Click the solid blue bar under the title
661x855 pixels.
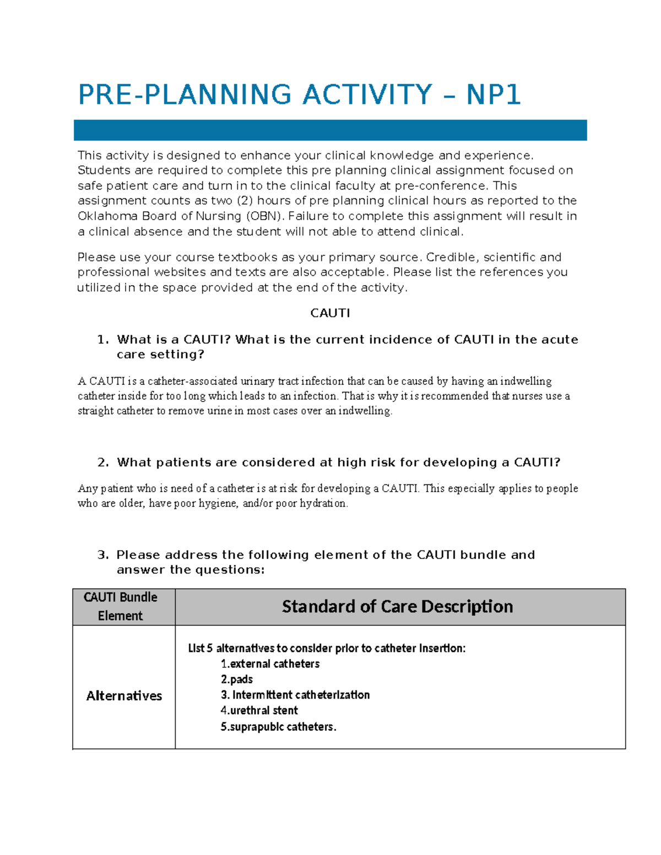pyautogui.click(x=330, y=130)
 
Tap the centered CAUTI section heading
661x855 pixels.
pyautogui.click(x=330, y=313)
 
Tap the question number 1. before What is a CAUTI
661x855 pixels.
pyautogui.click(x=103, y=340)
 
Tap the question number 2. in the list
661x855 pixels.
pyautogui.click(x=103, y=462)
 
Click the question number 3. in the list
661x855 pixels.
pyautogui.click(x=103, y=555)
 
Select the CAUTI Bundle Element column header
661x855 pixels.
pyautogui.click(x=121, y=607)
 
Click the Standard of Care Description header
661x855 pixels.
pyautogui.click(x=397, y=607)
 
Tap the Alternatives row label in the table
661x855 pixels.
pyautogui.click(x=124, y=696)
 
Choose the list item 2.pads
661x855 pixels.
pyautogui.click(x=237, y=679)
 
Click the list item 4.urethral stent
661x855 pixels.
pyautogui.click(x=259, y=711)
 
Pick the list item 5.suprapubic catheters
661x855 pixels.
pyautogui.click(x=278, y=727)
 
